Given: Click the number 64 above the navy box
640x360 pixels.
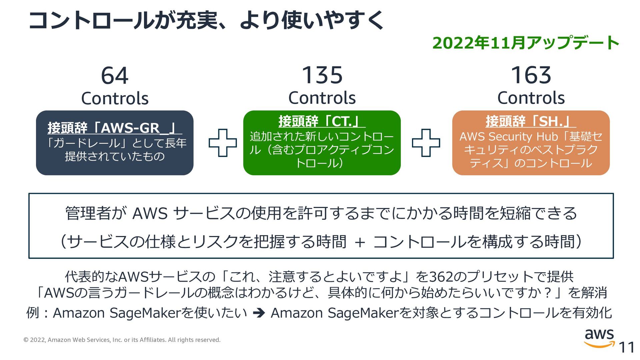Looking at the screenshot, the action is coord(115,76).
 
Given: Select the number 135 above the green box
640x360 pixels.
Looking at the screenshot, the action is coord(322,75).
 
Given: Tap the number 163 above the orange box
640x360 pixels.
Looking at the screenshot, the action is coord(531,75).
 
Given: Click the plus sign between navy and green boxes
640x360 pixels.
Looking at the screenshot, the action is coord(223,143).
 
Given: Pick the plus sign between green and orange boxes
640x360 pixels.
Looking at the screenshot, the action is coord(426,143).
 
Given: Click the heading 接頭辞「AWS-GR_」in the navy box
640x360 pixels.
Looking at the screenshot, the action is coord(114,128).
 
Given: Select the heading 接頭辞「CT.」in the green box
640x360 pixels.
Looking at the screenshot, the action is coord(322,121).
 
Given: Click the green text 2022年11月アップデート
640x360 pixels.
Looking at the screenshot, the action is coord(526,43).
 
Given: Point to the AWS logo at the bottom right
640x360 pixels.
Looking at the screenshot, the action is coord(599,337).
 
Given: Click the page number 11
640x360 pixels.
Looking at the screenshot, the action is coord(626,348).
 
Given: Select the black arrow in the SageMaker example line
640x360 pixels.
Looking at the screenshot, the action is coord(259,313).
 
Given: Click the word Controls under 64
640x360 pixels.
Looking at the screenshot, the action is coord(115,99).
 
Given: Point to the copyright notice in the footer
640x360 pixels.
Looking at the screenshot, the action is coord(122,340).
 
